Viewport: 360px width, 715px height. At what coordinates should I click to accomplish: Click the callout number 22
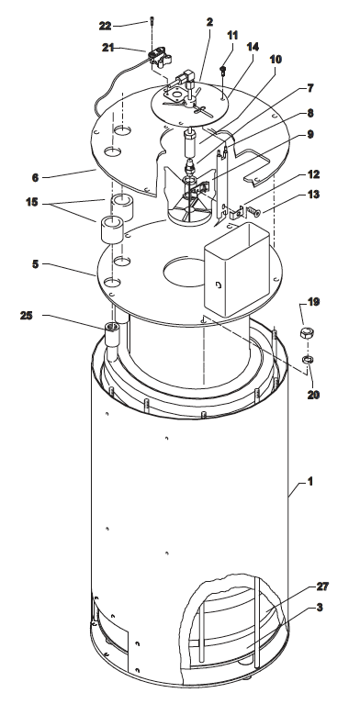tap(105, 26)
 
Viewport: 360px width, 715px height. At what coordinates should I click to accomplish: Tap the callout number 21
tap(108, 47)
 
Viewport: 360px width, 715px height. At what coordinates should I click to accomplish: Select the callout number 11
tap(232, 35)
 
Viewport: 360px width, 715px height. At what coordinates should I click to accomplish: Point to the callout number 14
tap(253, 47)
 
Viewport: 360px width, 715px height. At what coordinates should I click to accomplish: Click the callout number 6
tap(35, 177)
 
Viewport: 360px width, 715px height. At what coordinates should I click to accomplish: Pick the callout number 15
tap(31, 202)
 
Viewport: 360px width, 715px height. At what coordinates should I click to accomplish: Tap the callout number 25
tap(27, 315)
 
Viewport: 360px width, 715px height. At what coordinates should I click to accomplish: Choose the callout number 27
tap(322, 586)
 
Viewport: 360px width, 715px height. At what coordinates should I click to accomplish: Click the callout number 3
tap(320, 608)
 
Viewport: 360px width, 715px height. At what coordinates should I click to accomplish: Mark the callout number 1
tap(309, 481)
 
